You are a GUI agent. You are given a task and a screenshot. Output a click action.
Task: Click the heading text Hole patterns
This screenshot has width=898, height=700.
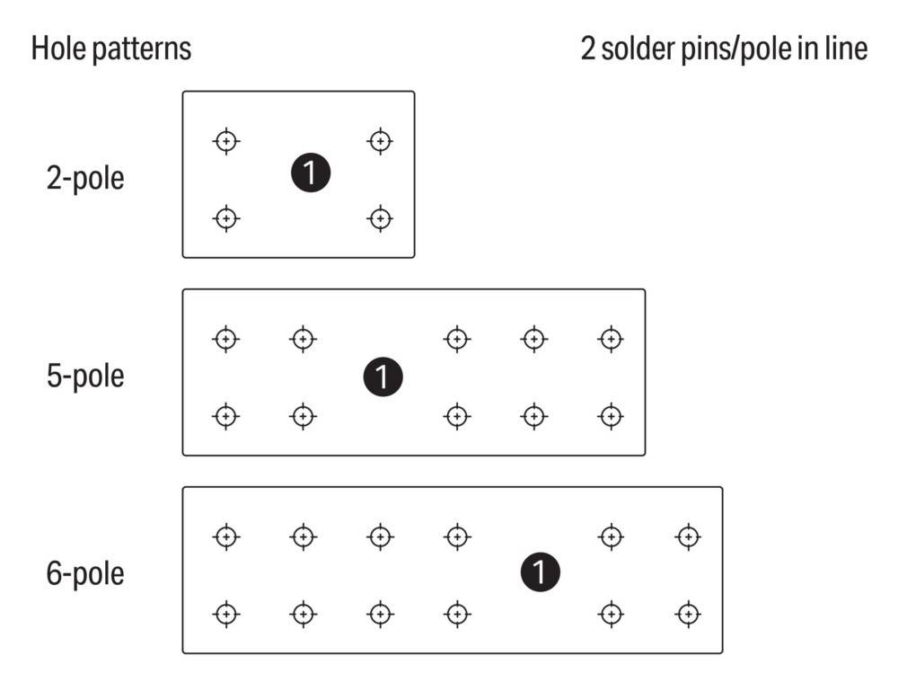[x=111, y=49]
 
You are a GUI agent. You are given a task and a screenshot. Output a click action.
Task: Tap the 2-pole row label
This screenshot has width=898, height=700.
[x=85, y=178]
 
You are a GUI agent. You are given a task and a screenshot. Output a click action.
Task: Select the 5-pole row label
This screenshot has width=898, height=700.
[x=85, y=377]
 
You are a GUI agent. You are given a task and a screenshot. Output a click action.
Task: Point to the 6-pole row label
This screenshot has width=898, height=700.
[x=85, y=573]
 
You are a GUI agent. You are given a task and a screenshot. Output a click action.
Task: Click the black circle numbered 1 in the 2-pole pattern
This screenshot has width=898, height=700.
[x=311, y=173]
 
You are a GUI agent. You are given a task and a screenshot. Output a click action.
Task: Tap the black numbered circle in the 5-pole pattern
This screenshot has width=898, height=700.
[x=383, y=377]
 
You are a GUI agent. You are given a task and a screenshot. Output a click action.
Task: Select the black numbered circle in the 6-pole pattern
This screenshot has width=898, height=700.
[x=540, y=572]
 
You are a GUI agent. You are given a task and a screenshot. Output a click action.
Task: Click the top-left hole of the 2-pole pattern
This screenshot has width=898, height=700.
[x=226, y=141]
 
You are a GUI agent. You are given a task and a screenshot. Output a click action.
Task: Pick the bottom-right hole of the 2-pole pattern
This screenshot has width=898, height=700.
[x=380, y=218]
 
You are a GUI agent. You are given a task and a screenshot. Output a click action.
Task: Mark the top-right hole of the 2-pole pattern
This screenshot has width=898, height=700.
[x=380, y=141]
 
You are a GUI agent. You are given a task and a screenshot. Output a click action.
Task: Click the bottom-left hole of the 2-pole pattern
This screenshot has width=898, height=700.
[x=226, y=218]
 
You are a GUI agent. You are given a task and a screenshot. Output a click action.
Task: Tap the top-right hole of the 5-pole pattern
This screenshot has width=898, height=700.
[x=611, y=339]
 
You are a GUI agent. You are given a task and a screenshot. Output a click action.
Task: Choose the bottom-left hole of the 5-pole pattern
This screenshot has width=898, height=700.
[x=226, y=416]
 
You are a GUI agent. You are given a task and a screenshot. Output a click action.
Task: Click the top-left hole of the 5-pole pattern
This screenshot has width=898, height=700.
[x=226, y=339]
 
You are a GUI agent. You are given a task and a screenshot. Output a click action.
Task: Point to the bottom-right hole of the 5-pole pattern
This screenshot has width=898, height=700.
[x=611, y=416]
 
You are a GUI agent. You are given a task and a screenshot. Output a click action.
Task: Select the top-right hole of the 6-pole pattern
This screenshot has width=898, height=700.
[x=688, y=537]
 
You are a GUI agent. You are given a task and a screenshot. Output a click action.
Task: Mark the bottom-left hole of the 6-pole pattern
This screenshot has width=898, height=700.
[x=226, y=615]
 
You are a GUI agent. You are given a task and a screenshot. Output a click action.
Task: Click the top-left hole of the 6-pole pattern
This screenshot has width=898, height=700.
[x=226, y=537]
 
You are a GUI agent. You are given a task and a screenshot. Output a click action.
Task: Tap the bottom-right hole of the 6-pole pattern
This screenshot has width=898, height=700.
[x=688, y=615]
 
